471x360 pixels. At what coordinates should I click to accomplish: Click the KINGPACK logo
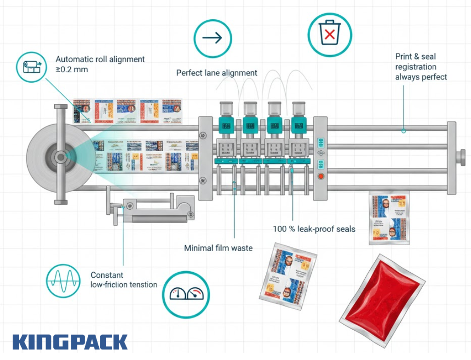70,342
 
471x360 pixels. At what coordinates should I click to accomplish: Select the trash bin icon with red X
329,34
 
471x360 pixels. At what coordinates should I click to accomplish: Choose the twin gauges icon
186,294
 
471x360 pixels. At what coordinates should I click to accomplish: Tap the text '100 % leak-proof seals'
314,229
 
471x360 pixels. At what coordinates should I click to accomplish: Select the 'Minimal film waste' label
218,248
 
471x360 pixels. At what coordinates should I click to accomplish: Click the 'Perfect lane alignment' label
217,73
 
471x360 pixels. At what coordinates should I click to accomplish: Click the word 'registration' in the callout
416,67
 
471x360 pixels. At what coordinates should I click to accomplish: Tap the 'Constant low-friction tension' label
124,280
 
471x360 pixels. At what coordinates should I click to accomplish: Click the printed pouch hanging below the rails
389,219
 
